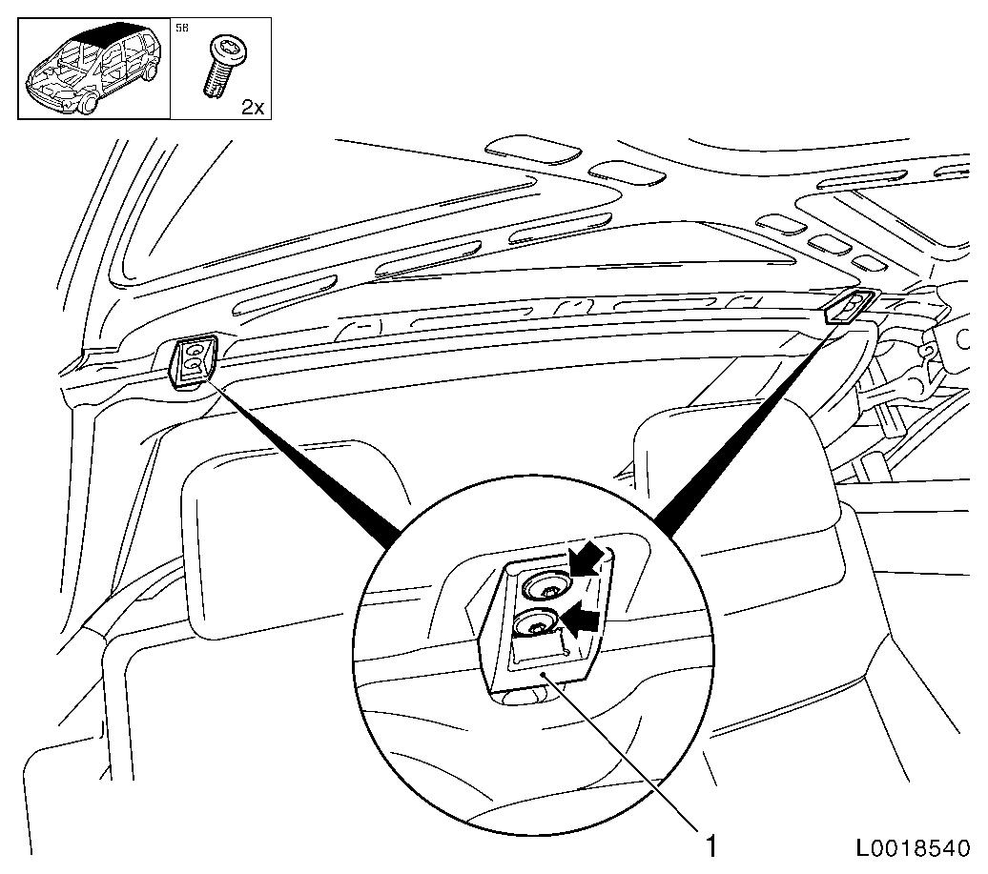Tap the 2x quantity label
253,107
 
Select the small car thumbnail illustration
93,68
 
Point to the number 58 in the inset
181,29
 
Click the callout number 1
710,845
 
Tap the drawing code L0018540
913,847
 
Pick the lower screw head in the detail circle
535,625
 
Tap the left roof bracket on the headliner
193,360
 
